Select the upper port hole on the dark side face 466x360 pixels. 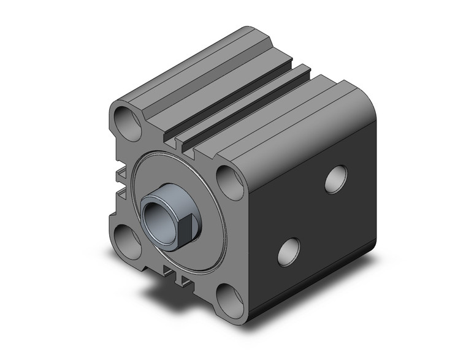[x=335, y=179]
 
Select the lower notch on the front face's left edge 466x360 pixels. [x=120, y=191]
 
